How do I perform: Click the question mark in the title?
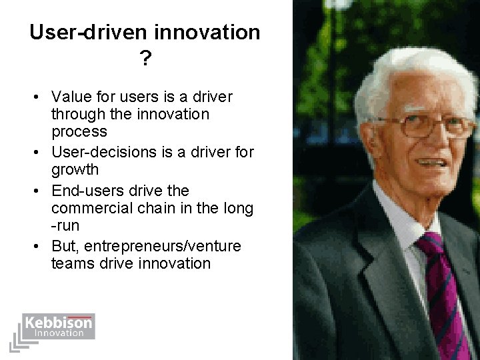click(145, 60)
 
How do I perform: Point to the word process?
click(79, 131)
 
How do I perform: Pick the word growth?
click(74, 169)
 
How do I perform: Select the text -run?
click(65, 225)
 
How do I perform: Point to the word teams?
click(71, 263)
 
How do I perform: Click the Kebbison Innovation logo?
click(58, 327)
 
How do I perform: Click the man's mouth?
click(432, 162)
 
